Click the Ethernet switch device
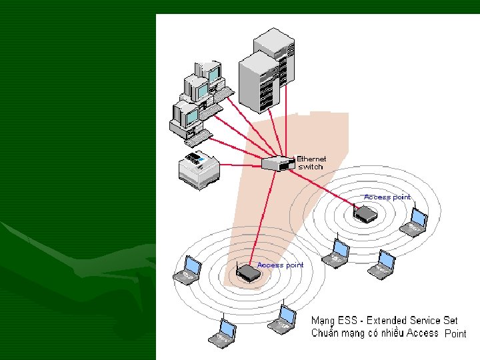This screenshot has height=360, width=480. click(278, 163)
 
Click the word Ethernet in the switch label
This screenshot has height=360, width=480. click(311, 159)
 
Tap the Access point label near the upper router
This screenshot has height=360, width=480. click(387, 197)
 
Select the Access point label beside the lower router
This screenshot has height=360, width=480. click(280, 265)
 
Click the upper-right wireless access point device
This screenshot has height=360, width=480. click(366, 213)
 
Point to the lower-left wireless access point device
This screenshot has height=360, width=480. click(248, 272)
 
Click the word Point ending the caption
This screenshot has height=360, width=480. click(455, 334)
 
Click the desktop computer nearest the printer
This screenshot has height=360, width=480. click(187, 121)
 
